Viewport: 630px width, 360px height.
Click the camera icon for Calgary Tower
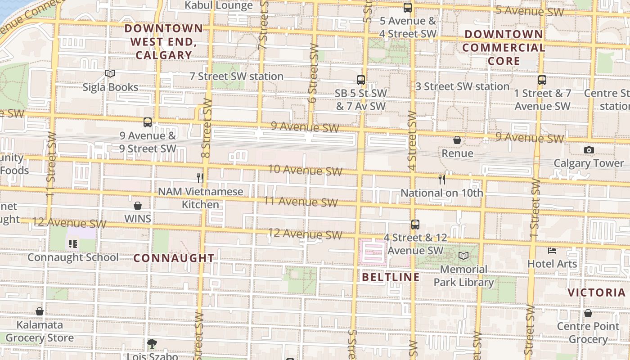pos(589,150)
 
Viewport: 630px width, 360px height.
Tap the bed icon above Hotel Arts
pos(552,250)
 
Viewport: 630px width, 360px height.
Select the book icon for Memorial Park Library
pos(463,256)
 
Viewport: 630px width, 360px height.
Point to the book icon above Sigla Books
pos(110,73)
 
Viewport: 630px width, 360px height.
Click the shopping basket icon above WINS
pos(138,206)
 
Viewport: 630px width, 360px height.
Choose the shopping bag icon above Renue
pos(457,140)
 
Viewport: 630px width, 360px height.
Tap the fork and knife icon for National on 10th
pos(442,180)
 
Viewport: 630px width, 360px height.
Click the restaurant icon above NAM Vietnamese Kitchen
pos(200,178)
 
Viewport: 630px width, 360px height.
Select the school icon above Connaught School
pos(73,244)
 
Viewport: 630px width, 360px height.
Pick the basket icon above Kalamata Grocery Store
pos(40,311)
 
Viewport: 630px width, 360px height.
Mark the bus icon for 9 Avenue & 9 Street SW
pos(148,122)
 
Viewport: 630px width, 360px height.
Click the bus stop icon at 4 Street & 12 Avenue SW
pos(415,224)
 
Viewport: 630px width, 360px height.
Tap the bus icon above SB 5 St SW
pos(361,80)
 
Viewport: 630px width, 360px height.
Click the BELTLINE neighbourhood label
pos(391,277)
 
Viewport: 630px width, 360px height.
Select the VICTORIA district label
pos(596,292)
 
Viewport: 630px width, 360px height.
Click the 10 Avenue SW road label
pos(305,170)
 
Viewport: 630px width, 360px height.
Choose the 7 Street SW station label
pos(236,76)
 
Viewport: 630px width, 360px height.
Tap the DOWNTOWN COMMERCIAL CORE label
pos(504,47)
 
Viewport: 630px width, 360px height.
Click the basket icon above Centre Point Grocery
pos(588,313)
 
